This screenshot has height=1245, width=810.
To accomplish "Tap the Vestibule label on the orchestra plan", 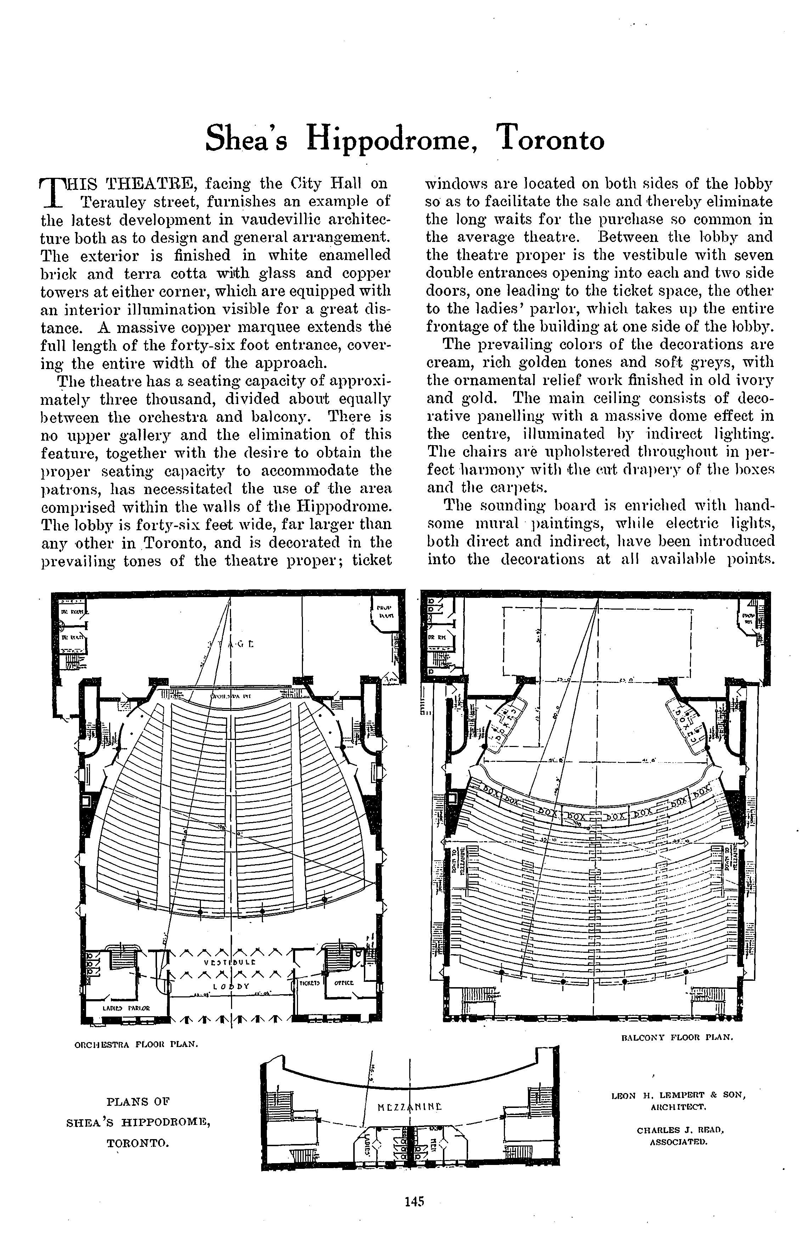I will pos(230,962).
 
